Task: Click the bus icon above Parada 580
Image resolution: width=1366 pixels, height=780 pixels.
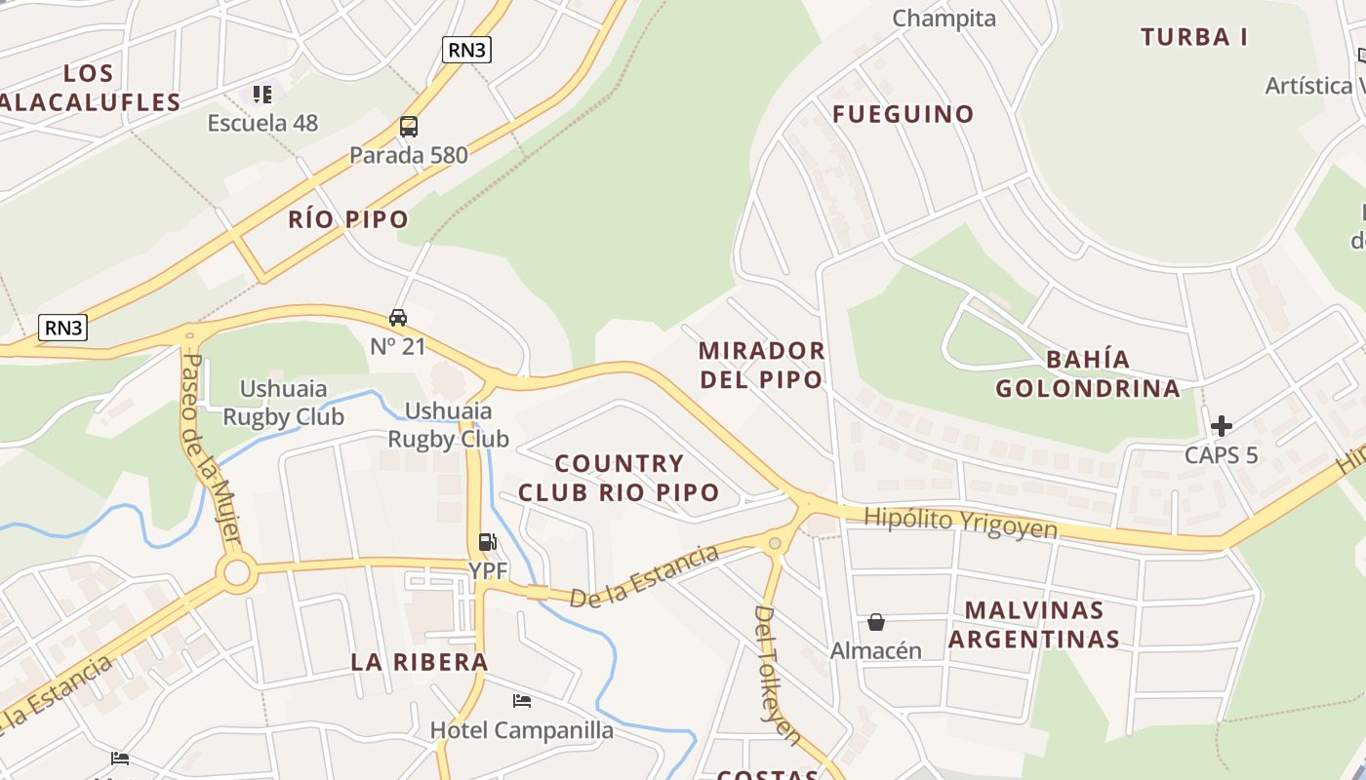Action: click(x=408, y=127)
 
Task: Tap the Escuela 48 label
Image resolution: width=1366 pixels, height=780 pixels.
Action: click(x=262, y=123)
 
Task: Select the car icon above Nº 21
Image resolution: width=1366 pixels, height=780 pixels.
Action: click(x=398, y=318)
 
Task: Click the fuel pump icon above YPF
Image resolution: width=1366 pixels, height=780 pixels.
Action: click(x=487, y=542)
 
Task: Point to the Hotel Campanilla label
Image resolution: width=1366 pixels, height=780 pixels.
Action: click(x=522, y=730)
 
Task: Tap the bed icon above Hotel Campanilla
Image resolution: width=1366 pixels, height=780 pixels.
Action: click(x=522, y=701)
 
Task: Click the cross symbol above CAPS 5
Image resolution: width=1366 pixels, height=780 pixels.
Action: click(x=1221, y=426)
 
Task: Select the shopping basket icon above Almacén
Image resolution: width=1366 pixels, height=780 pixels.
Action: click(x=876, y=622)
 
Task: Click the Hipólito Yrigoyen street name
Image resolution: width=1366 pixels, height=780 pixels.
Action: click(x=961, y=523)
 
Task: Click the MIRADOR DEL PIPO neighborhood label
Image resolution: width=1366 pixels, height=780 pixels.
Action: click(x=762, y=365)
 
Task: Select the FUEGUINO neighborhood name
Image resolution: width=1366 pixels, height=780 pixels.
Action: click(x=903, y=114)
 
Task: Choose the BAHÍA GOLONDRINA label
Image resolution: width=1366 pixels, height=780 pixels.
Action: click(x=1088, y=373)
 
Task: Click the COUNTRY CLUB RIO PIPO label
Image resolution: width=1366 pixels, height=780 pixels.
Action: click(x=619, y=478)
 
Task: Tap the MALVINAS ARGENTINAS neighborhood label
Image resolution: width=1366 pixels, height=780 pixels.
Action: click(x=1034, y=625)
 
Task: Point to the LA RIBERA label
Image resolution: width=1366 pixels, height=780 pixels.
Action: click(x=420, y=662)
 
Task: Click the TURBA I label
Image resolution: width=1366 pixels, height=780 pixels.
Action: click(x=1194, y=37)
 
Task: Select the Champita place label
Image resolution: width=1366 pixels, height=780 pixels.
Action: click(x=944, y=19)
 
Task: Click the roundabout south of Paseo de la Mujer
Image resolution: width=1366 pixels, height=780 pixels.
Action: click(x=237, y=573)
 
